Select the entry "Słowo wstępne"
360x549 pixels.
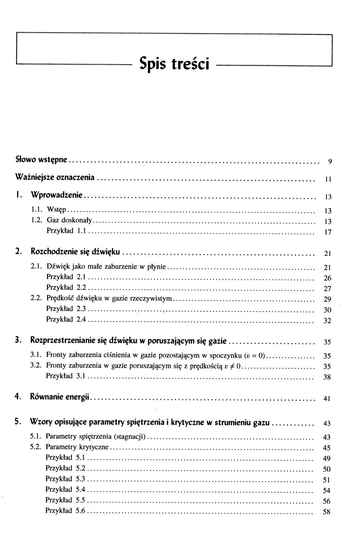coord(42,159)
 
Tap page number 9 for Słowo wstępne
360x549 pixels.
coord(329,162)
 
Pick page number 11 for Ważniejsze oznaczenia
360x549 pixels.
coord(328,179)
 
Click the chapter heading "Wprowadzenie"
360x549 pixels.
coord(56,195)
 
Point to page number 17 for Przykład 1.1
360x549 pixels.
coord(328,233)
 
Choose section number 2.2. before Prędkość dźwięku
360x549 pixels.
coord(36,298)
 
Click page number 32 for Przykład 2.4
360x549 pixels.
coord(327,322)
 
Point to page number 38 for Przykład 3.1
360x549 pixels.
coord(327,378)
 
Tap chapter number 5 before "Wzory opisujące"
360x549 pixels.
coord(17,422)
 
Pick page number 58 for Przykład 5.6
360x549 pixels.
coord(327,512)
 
